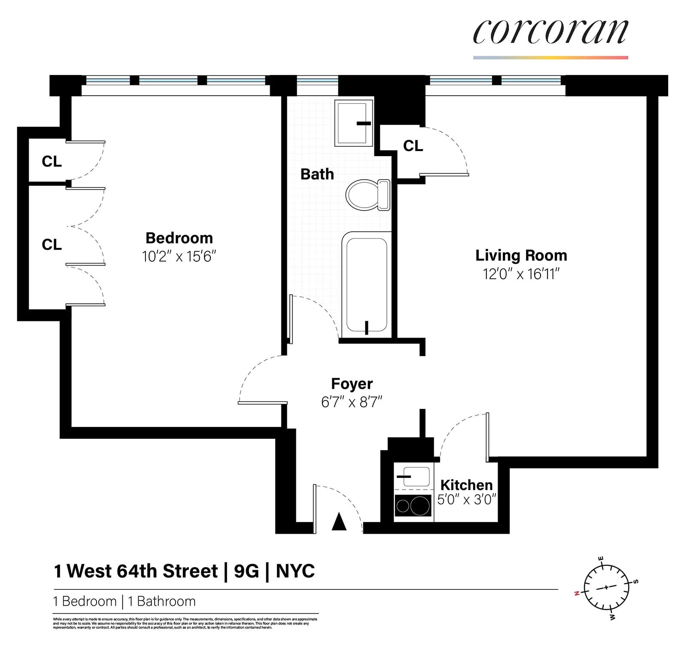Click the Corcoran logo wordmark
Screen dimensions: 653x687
pyautogui.click(x=550, y=32)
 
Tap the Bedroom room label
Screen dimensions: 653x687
pyautogui.click(x=179, y=238)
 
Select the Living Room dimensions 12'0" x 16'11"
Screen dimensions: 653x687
pyautogui.click(x=521, y=274)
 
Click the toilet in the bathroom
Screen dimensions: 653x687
pyautogui.click(x=368, y=195)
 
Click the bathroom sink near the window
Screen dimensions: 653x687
pyautogui.click(x=353, y=123)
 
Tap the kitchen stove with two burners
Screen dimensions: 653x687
pyautogui.click(x=413, y=506)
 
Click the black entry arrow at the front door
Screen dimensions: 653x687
pyautogui.click(x=339, y=521)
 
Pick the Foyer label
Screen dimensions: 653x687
pyautogui.click(x=352, y=384)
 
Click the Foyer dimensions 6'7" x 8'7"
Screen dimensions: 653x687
pyautogui.click(x=352, y=402)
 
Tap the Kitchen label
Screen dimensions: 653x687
pyautogui.click(x=466, y=485)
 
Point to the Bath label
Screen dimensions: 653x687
pyautogui.click(x=317, y=174)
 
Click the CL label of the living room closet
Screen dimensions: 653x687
pyautogui.click(x=413, y=146)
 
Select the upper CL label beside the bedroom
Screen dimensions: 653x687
pyautogui.click(x=52, y=161)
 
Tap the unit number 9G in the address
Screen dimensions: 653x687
pyautogui.click(x=246, y=571)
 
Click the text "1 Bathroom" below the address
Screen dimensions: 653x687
pyautogui.click(x=161, y=601)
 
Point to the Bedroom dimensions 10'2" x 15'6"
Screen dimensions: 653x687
pyautogui.click(x=179, y=257)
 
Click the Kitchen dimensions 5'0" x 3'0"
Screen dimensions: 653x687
pyautogui.click(x=466, y=499)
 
